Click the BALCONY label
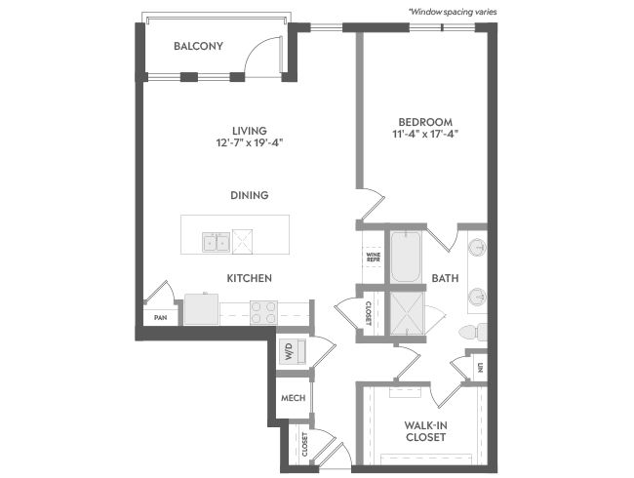(198, 46)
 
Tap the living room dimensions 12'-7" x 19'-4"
(249, 142)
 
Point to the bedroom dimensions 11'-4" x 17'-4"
(425, 134)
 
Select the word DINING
(250, 195)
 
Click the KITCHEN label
(249, 278)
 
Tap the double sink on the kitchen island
(217, 242)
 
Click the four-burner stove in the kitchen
(263, 312)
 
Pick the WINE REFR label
(374, 257)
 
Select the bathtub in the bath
(406, 257)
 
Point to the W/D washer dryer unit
(293, 351)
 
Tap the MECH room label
(294, 398)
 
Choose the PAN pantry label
(161, 318)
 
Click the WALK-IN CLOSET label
(425, 431)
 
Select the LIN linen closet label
(480, 368)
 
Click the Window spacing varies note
(453, 12)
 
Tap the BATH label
(445, 278)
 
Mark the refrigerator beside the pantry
(201, 309)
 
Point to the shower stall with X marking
(407, 313)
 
